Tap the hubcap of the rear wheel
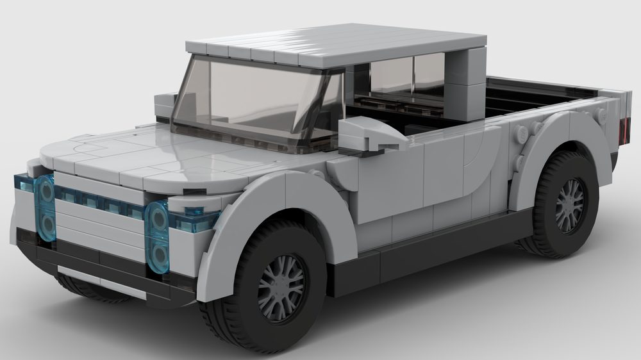coord(570,205)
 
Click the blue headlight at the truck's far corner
coord(45,208)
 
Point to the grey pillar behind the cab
coord(465,83)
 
